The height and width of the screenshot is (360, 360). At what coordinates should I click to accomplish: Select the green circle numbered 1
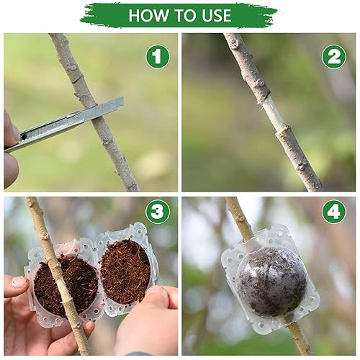[x=157, y=56]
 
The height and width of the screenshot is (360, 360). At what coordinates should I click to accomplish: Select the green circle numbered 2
[x=333, y=56]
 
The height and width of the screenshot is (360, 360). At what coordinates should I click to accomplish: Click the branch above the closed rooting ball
[x=238, y=220]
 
